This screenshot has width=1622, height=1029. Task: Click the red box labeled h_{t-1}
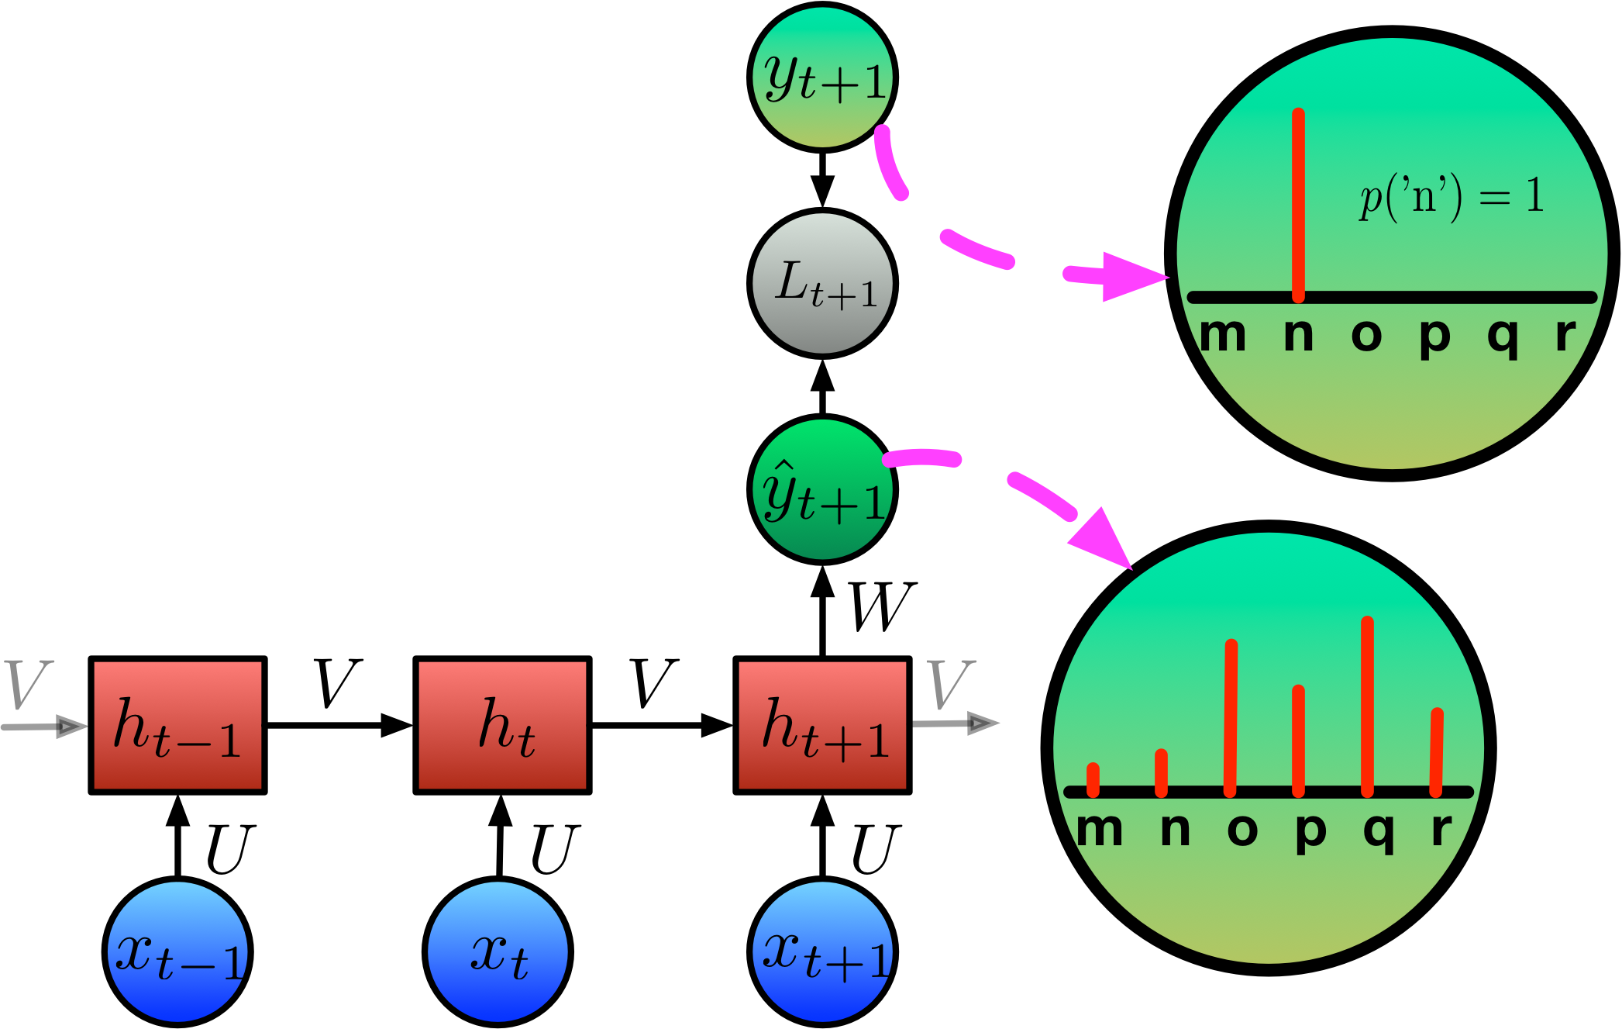click(177, 725)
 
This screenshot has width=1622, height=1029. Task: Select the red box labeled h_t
click(502, 725)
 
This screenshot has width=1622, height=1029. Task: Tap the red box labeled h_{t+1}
click(822, 725)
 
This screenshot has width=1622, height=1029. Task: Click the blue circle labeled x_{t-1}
click(177, 951)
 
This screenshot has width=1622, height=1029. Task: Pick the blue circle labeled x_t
click(498, 951)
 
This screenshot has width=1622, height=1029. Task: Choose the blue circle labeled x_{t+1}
click(822, 951)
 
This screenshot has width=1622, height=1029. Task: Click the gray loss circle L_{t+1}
click(822, 283)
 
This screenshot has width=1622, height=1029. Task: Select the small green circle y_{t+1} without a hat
click(822, 77)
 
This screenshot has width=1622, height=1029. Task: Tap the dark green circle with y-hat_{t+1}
click(822, 489)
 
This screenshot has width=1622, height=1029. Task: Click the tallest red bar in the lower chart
click(1367, 706)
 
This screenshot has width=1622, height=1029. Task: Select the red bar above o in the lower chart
click(1231, 717)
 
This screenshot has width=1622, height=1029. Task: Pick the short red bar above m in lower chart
click(1093, 779)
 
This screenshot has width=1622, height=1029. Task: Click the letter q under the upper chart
click(1503, 337)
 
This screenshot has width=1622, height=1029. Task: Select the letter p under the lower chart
click(1310, 832)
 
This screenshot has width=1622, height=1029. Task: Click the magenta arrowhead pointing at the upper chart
click(1131, 276)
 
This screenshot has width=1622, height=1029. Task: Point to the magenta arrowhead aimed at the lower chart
click(1103, 539)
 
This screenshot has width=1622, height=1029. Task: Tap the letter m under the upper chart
click(1222, 336)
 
